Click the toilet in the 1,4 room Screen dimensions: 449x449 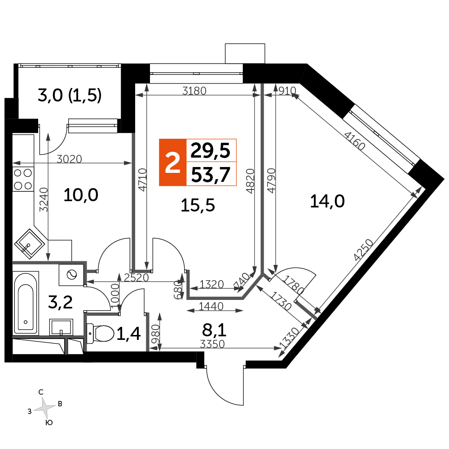100,333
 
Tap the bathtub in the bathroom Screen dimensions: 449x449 26,303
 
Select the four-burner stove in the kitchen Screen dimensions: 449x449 23,179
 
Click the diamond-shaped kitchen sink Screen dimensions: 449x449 30,244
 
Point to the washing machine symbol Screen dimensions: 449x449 71,275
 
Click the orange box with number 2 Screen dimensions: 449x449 173,163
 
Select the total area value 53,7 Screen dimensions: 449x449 211,175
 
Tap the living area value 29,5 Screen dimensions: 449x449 211,150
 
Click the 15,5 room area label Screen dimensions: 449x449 198,205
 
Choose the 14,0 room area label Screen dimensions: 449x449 327,201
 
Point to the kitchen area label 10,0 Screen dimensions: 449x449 81,195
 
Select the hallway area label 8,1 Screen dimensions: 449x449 214,330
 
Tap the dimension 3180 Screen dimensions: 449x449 194,91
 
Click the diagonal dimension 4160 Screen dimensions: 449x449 355,141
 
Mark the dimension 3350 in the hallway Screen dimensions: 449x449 212,344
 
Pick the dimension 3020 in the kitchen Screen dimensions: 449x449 69,158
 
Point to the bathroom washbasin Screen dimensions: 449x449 61,327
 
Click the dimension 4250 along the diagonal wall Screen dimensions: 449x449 363,250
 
